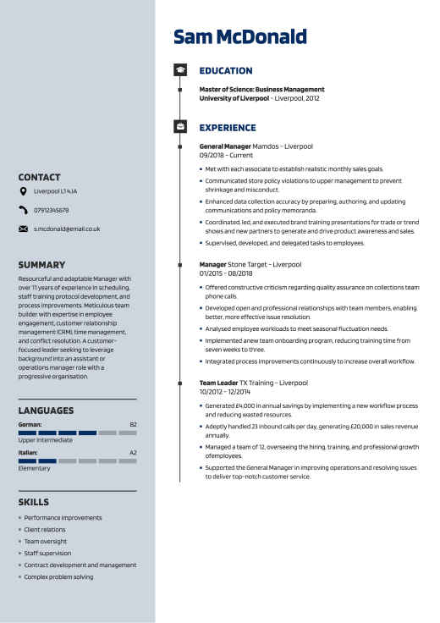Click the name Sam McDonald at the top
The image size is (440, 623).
pyautogui.click(x=239, y=36)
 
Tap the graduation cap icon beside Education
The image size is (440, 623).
pyautogui.click(x=179, y=70)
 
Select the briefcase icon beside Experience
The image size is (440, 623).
pyautogui.click(x=179, y=127)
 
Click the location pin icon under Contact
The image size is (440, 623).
pyautogui.click(x=23, y=192)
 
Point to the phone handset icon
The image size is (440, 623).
pyautogui.click(x=23, y=210)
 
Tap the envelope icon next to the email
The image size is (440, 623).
pyautogui.click(x=23, y=229)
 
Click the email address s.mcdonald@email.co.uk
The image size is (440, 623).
pyautogui.click(x=67, y=229)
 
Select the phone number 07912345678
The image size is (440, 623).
pyautogui.click(x=51, y=210)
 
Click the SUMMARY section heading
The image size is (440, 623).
pyautogui.click(x=41, y=265)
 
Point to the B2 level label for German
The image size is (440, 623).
pyautogui.click(x=133, y=423)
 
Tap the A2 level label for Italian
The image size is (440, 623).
pyautogui.click(x=133, y=452)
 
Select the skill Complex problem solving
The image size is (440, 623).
pyautogui.click(x=58, y=576)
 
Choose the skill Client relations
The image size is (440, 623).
pyautogui.click(x=45, y=529)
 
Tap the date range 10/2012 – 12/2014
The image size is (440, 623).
pyautogui.click(x=225, y=392)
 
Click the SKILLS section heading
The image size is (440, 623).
pyautogui.click(x=34, y=502)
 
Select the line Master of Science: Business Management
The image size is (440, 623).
pyautogui.click(x=261, y=89)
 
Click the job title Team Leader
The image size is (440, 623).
pyautogui.click(x=218, y=383)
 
